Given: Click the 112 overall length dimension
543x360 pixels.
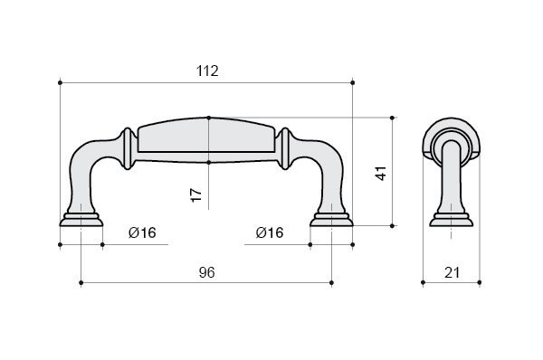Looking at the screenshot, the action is click(207, 71).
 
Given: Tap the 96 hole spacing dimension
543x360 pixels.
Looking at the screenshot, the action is click(206, 273).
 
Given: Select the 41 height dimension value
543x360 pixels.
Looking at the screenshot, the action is click(381, 173).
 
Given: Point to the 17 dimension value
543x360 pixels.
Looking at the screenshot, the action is click(196, 194).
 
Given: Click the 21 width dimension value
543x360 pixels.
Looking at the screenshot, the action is click(452, 273).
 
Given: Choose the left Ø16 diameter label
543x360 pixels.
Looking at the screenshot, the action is click(142, 232).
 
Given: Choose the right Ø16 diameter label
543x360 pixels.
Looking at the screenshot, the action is click(270, 232).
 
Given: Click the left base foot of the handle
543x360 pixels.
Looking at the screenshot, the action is click(81, 220).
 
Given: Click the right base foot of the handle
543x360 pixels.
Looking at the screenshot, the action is click(331, 220).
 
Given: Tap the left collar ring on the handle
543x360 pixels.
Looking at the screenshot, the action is click(128, 149).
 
